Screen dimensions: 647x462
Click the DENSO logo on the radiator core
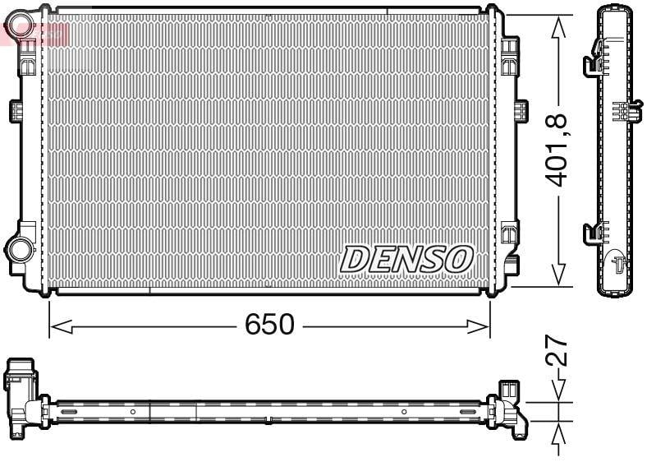click(x=406, y=259)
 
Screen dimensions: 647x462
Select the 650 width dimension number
click(x=270, y=324)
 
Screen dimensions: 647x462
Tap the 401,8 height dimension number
click(x=556, y=150)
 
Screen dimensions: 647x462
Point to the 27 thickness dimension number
click(x=556, y=349)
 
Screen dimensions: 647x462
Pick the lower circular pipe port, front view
click(x=20, y=249)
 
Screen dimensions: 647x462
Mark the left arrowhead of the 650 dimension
click(x=61, y=326)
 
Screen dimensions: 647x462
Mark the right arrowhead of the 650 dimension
click(x=478, y=326)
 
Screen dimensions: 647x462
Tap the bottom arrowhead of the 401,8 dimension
click(x=558, y=274)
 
